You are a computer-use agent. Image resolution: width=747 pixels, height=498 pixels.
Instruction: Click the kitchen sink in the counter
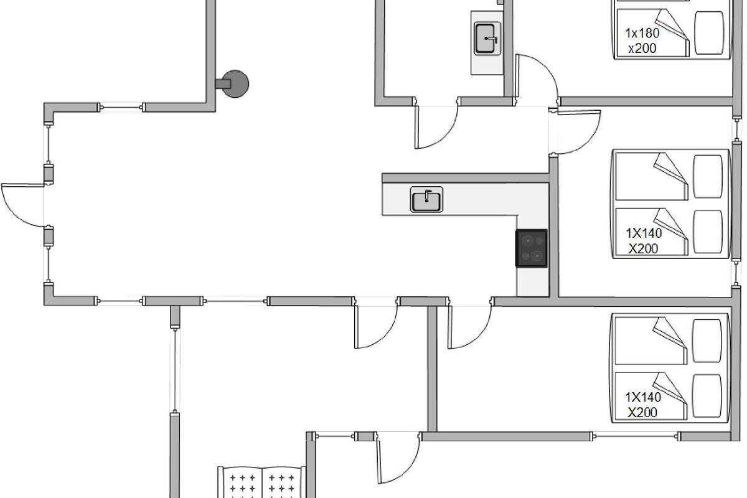(426, 199)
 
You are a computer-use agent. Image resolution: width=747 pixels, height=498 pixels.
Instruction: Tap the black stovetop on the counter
(532, 248)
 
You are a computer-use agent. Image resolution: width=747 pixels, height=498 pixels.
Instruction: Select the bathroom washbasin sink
(487, 39)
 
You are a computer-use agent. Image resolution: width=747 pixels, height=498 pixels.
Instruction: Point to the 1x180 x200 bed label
(642, 40)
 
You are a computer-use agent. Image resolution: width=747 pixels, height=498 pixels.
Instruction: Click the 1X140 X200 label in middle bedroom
(644, 241)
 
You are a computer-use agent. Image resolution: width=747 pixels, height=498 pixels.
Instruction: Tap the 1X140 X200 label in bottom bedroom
(642, 405)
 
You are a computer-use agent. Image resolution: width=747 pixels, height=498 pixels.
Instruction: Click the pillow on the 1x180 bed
(709, 33)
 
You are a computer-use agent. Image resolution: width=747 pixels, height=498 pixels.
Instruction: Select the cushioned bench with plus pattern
(262, 482)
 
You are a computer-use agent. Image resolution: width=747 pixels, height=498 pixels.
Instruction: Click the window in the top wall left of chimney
(121, 108)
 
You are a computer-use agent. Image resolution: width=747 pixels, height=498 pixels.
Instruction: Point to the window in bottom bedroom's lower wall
(636, 436)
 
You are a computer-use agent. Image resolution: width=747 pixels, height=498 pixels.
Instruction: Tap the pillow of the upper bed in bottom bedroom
(707, 341)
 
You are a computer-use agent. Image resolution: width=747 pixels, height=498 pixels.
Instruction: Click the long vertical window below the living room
(175, 370)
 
